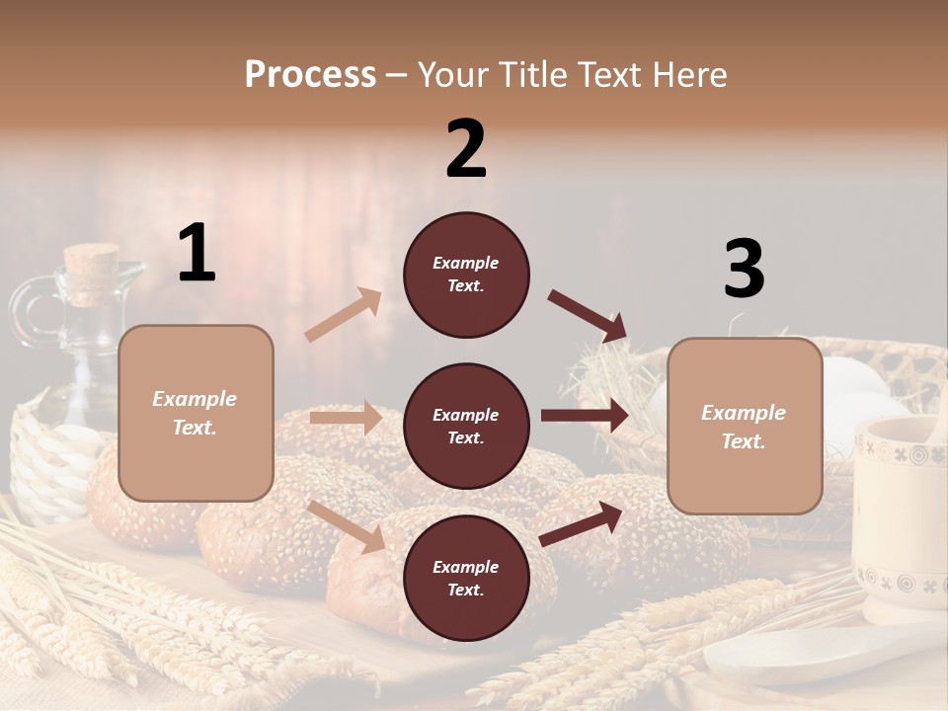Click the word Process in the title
tap(310, 74)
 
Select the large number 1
tap(197, 254)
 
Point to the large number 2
tap(466, 149)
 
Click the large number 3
tap(744, 270)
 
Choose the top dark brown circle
tap(466, 275)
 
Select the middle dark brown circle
tap(466, 426)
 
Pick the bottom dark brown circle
tap(466, 578)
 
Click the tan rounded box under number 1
tap(196, 413)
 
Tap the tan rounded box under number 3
tap(745, 426)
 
